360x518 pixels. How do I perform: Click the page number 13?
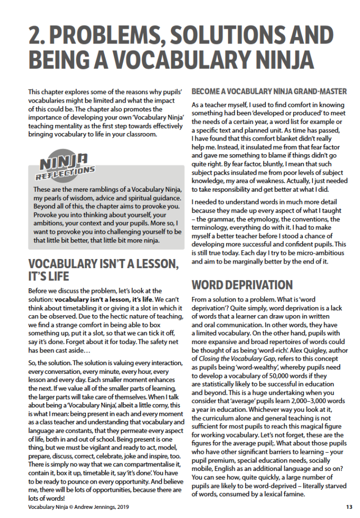(x=349, y=506)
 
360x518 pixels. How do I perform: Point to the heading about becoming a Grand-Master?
(x=269, y=92)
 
